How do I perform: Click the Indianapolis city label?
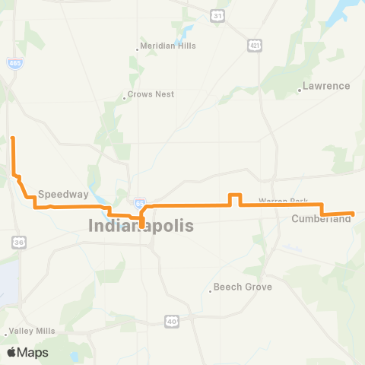tap(141, 226)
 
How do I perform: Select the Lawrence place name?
tap(325, 86)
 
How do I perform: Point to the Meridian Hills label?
tap(169, 46)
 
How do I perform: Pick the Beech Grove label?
tap(243, 287)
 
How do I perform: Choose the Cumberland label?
tap(321, 219)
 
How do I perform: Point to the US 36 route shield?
tap(18, 241)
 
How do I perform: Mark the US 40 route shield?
tap(172, 321)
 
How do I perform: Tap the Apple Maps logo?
tap(27, 352)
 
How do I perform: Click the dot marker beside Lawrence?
tap(300, 90)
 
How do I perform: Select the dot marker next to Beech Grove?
tap(210, 291)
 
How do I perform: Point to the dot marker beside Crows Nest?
tap(124, 97)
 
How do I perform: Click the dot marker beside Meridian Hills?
tap(138, 49)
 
